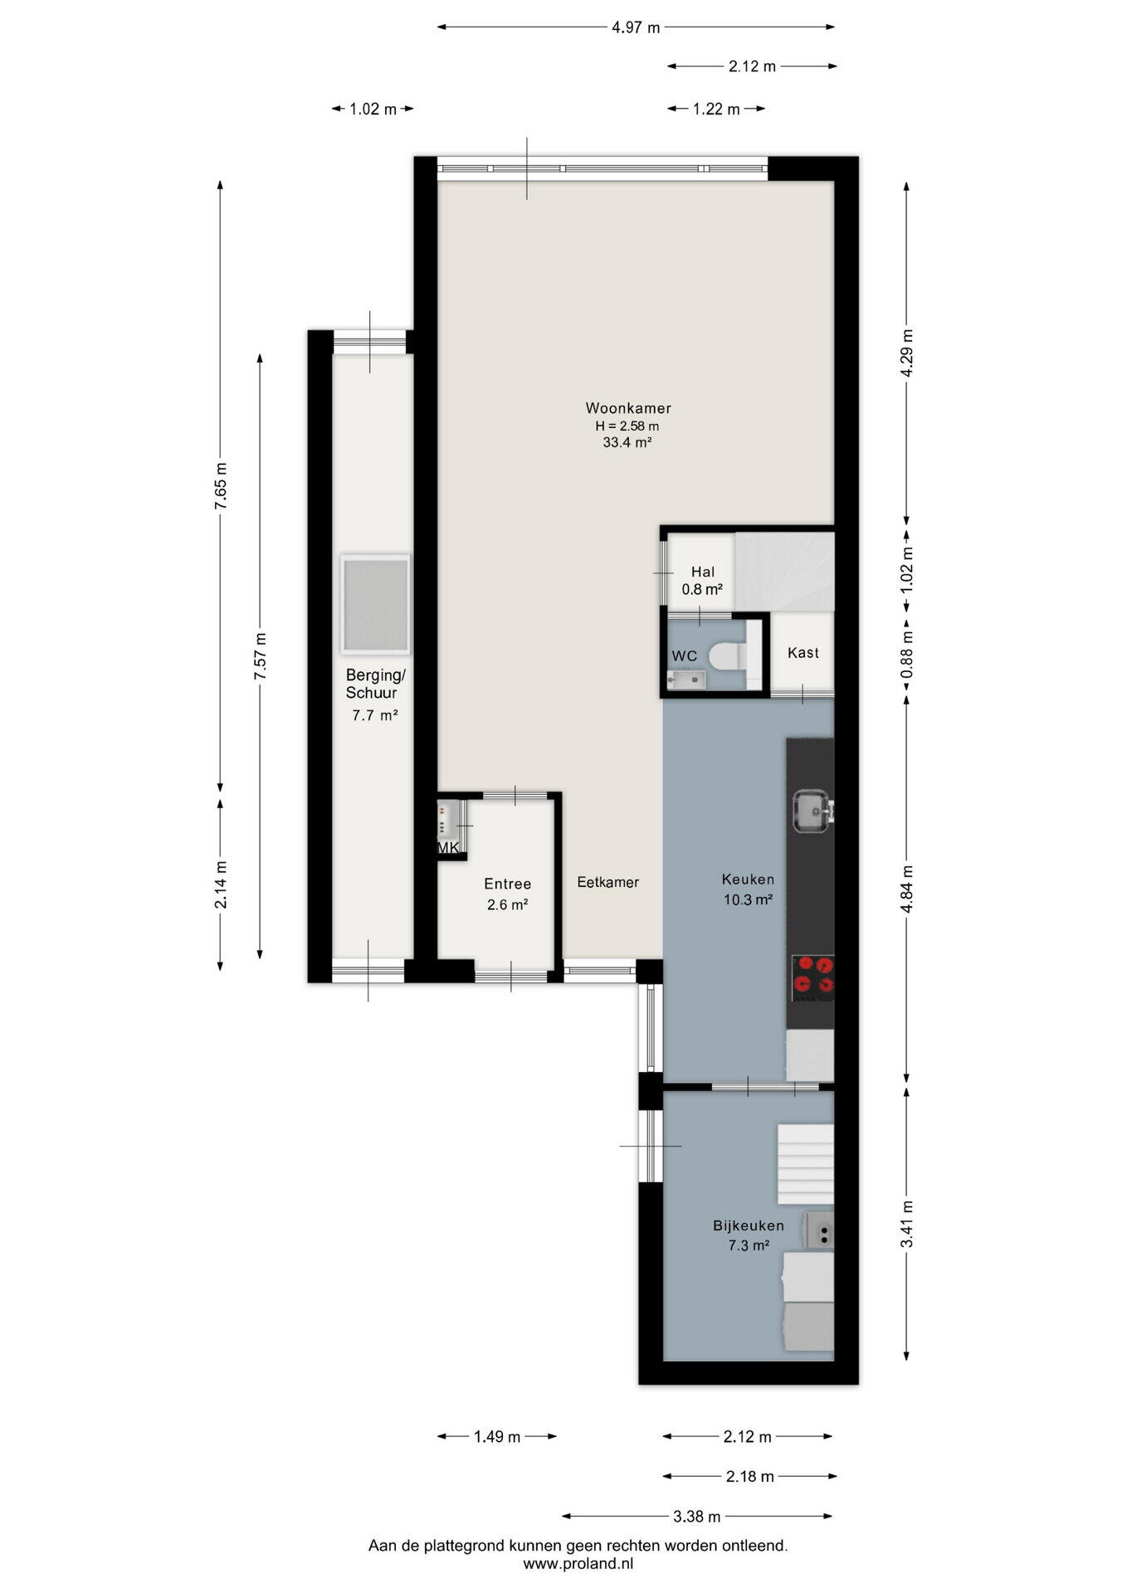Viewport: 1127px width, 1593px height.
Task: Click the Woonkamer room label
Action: [x=628, y=408]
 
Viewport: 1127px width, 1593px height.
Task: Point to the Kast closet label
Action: [x=803, y=653]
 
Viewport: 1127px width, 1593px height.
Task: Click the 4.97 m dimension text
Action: [x=636, y=27]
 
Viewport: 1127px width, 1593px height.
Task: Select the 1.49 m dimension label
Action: [x=497, y=1437]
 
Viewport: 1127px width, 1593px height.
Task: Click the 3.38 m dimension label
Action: [x=697, y=1517]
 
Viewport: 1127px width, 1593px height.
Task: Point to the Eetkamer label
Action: [x=608, y=882]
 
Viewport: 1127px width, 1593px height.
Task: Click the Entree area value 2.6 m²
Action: [x=508, y=905]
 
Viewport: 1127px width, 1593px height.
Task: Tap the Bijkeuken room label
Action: [x=749, y=1225]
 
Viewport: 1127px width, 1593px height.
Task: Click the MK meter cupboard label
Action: [x=448, y=848]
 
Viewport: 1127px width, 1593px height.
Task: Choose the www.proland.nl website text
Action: [x=578, y=1563]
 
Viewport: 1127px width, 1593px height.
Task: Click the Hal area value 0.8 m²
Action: [x=702, y=590]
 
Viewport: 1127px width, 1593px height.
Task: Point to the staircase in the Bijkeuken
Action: [x=805, y=1164]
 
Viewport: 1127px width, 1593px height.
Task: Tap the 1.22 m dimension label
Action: [x=716, y=109]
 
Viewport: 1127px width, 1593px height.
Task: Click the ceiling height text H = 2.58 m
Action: [x=627, y=426]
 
